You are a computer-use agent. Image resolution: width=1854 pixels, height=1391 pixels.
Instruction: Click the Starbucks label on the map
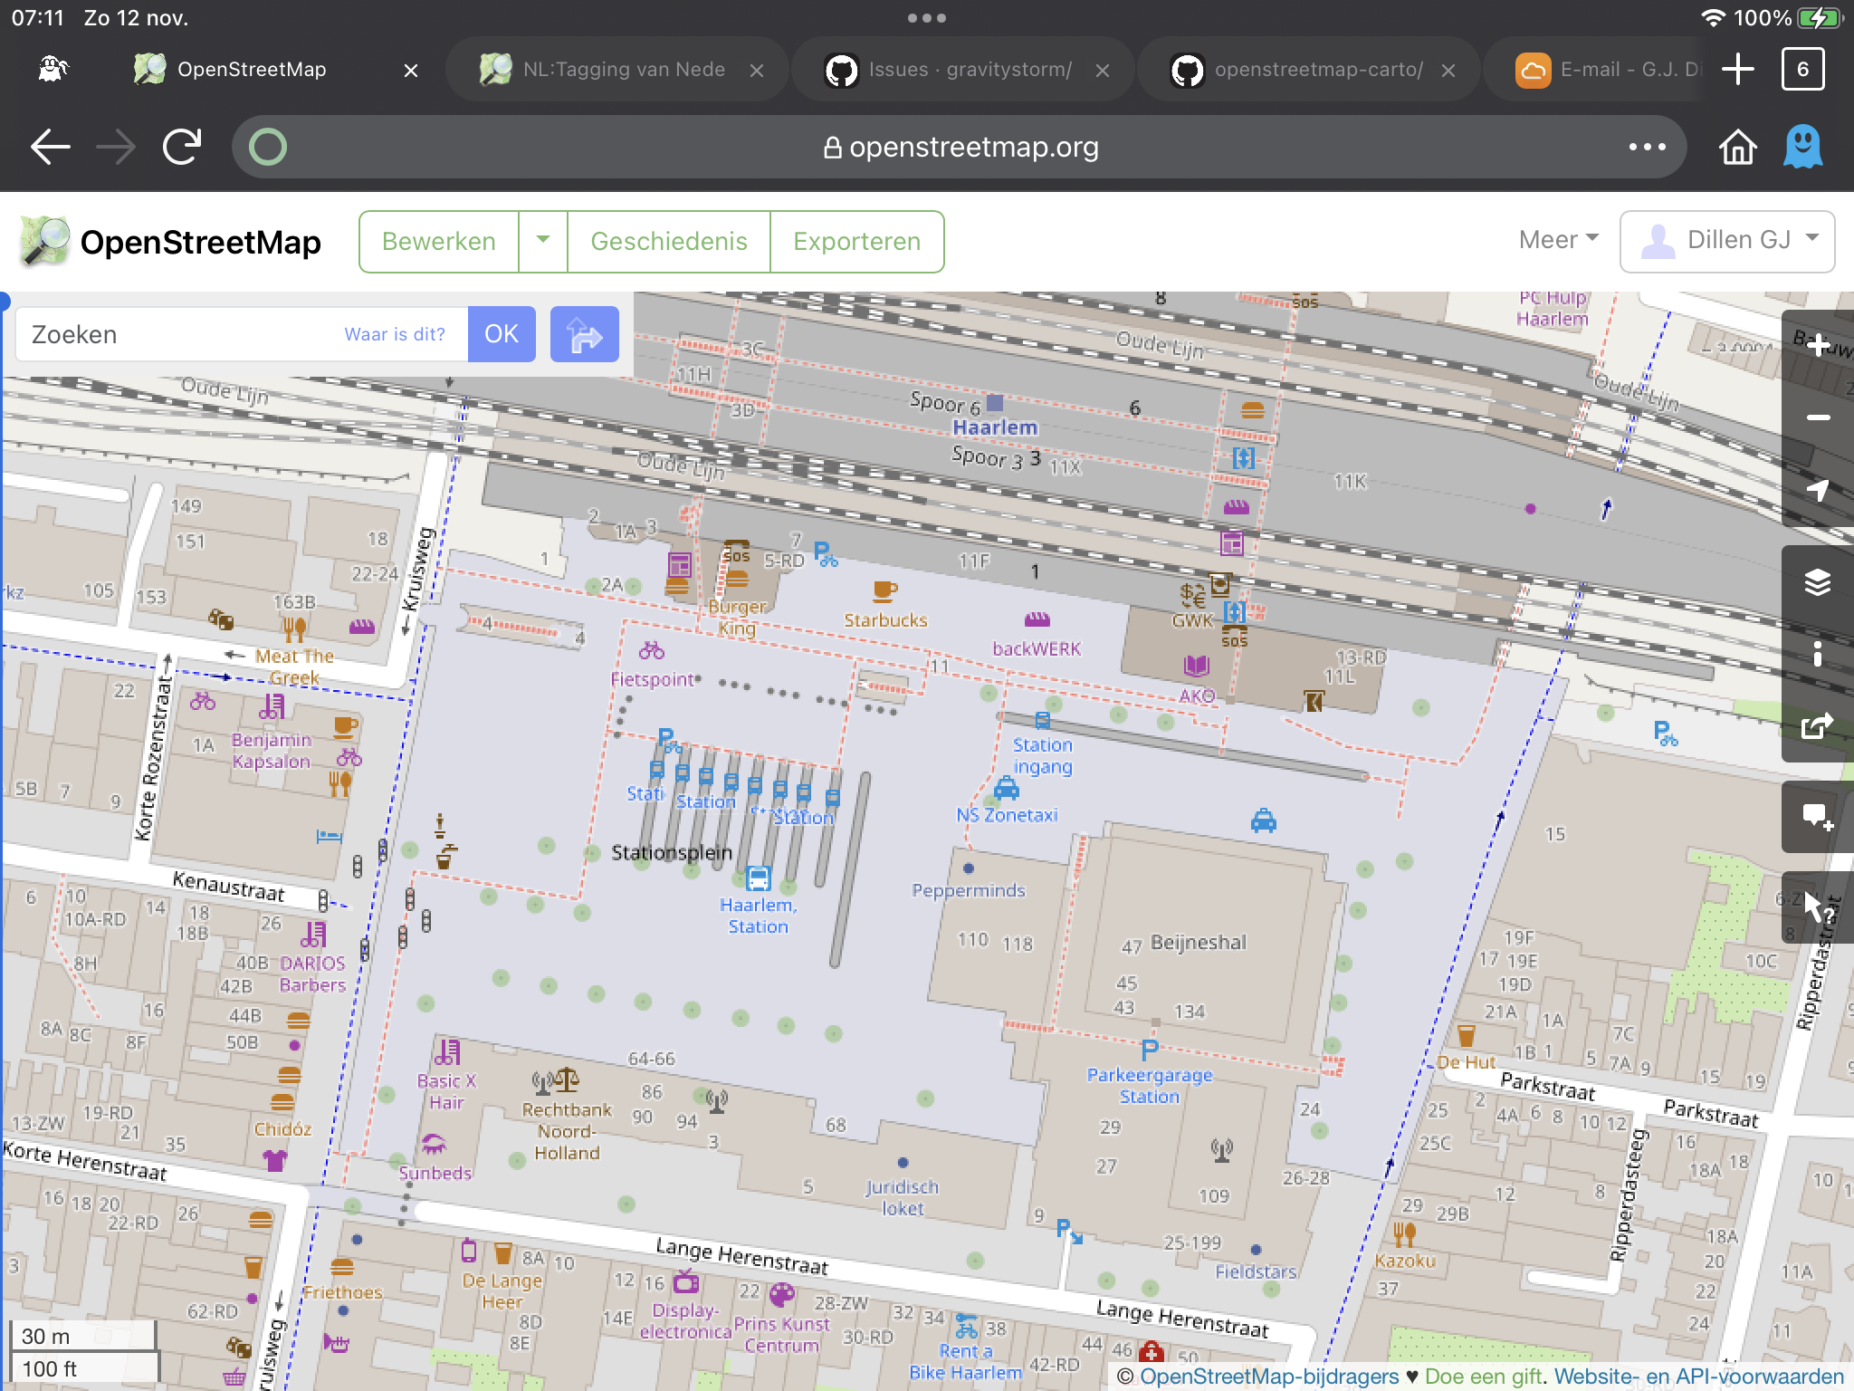(x=885, y=620)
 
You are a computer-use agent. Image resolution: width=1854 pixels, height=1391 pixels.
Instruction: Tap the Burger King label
(x=737, y=617)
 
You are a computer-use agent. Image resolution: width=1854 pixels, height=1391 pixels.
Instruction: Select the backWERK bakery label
(x=1037, y=648)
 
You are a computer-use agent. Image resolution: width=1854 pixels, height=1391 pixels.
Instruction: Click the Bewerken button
(x=439, y=241)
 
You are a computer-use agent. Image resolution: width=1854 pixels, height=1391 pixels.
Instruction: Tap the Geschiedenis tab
(x=669, y=241)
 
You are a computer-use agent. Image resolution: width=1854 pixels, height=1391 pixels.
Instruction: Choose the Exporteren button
(x=856, y=241)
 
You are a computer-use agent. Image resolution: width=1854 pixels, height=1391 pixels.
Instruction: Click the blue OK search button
(x=502, y=334)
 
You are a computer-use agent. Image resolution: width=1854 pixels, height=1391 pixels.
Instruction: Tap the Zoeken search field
(x=181, y=334)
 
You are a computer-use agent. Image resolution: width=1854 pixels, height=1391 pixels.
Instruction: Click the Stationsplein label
(x=672, y=852)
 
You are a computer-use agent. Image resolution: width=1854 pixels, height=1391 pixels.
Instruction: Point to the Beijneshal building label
(x=1198, y=942)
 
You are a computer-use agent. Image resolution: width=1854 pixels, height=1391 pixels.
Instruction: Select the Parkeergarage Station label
(x=1150, y=1085)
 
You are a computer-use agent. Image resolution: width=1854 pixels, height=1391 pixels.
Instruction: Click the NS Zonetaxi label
(x=1007, y=814)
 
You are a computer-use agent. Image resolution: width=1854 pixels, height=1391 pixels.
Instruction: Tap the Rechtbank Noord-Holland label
(x=567, y=1130)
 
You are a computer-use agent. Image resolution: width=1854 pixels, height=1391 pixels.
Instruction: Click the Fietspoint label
(x=652, y=679)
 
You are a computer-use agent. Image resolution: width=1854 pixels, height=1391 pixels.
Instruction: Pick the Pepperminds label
(x=969, y=890)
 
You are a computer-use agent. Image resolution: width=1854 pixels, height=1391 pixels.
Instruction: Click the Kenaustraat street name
(x=228, y=886)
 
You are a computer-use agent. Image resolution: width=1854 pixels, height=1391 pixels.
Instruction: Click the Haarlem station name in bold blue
(x=995, y=427)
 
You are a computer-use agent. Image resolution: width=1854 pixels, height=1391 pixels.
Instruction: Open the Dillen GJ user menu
(x=1727, y=241)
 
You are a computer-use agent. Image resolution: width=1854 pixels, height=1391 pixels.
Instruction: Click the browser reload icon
(x=182, y=146)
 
